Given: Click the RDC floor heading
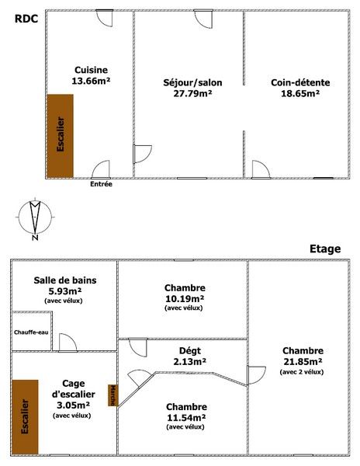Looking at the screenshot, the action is tap(26, 19).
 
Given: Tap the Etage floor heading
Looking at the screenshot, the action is tap(325, 249).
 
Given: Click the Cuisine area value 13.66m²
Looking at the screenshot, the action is tap(91, 81).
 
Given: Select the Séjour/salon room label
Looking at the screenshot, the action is tap(192, 82).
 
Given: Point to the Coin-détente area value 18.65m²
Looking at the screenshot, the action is tap(300, 93).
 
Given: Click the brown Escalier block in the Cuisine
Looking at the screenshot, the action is tap(61, 136).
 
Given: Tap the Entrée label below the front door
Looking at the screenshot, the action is tap(101, 184).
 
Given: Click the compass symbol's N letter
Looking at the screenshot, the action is tap(35, 238).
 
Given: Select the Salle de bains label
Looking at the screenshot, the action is tap(65, 280).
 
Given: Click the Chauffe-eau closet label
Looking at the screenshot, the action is tap(31, 332).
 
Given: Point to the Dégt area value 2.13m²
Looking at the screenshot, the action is tap(190, 362).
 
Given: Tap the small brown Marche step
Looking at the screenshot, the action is tap(112, 395).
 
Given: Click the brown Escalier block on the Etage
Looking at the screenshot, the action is tap(26, 416).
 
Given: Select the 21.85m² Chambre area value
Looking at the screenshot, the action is tap(303, 362).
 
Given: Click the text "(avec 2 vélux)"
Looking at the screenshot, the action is tap(302, 372).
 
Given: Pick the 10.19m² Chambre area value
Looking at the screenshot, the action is tap(185, 299).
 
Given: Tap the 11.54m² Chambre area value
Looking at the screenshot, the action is tap(186, 418).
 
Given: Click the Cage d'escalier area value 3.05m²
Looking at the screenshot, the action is tap(73, 405).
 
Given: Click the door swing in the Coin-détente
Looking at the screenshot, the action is tap(261, 169).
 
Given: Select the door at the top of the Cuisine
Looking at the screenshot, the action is tap(105, 19).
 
